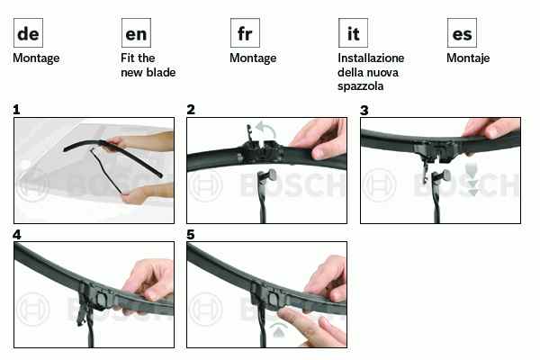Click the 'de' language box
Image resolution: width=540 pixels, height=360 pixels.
(x=28, y=32)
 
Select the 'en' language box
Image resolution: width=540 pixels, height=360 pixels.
(x=136, y=32)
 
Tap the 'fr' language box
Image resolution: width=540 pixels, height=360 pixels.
(x=245, y=32)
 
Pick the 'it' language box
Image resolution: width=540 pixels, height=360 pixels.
(x=353, y=32)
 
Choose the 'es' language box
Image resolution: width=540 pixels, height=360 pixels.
(x=462, y=32)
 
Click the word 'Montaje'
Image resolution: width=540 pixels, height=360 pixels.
(x=468, y=58)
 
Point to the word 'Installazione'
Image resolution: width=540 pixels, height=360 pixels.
(x=371, y=58)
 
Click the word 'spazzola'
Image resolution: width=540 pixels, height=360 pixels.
(x=360, y=86)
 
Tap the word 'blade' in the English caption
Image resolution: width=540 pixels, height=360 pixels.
(x=160, y=72)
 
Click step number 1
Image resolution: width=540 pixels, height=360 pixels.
(x=16, y=110)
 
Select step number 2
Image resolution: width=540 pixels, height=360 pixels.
(x=191, y=110)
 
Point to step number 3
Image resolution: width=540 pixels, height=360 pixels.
(x=364, y=111)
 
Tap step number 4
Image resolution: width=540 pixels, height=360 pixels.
(x=16, y=235)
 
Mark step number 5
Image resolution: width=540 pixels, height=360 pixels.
(x=191, y=235)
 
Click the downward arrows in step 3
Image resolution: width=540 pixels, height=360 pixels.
(x=472, y=180)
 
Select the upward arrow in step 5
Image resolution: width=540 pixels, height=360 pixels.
(x=278, y=330)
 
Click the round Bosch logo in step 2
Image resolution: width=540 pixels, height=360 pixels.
(x=206, y=185)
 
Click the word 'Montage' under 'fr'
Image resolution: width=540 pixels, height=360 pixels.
(x=253, y=58)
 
